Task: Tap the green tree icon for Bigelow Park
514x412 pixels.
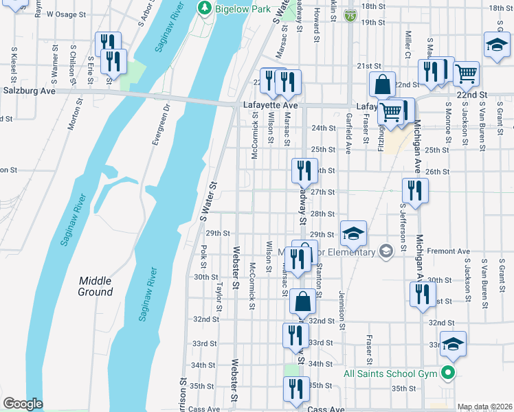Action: [x=204, y=8]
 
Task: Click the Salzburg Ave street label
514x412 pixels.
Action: [x=29, y=90]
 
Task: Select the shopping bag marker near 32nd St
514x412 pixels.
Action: [x=303, y=301]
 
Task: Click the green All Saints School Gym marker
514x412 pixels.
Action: [x=449, y=374]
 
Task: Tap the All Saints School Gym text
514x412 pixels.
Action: [x=391, y=374]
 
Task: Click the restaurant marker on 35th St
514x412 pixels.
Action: [x=297, y=388]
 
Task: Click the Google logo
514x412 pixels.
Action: [x=23, y=404]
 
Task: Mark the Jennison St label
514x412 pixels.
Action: [x=341, y=306]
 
